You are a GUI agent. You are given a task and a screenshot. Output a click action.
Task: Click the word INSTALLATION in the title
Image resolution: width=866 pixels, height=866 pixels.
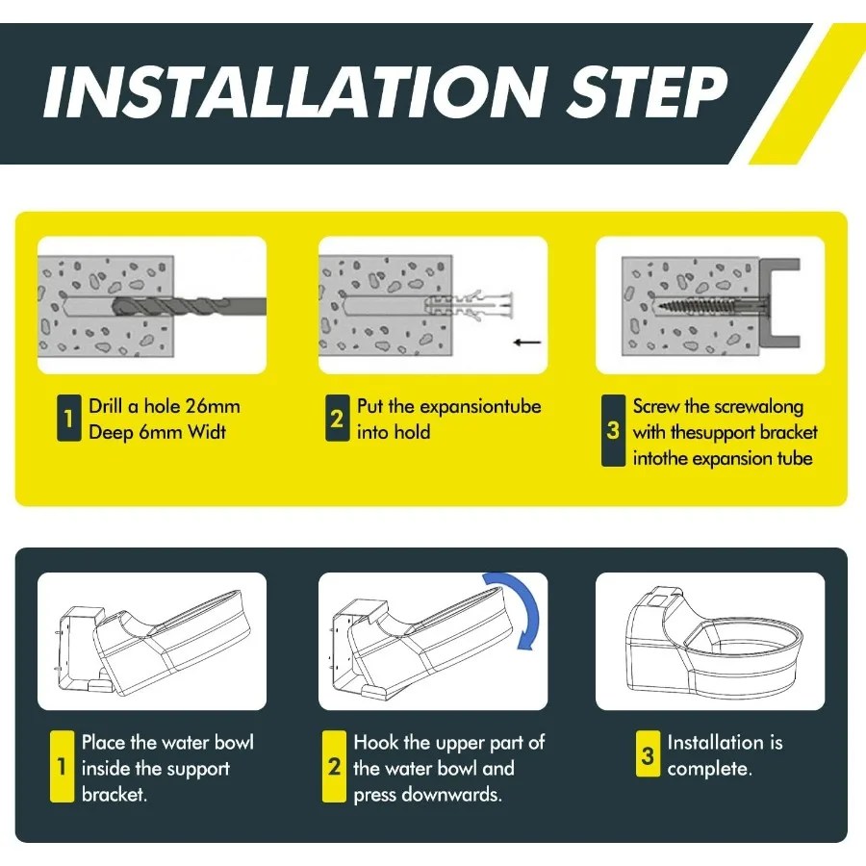pyautogui.click(x=295, y=92)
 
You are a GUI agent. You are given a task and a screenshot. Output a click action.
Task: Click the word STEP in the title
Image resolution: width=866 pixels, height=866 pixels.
pyautogui.click(x=647, y=92)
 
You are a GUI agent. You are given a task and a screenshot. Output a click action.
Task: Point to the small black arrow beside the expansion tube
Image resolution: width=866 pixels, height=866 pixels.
pyautogui.click(x=527, y=343)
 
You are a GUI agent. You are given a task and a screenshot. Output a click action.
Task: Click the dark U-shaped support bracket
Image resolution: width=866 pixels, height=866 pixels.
pyautogui.click(x=778, y=303)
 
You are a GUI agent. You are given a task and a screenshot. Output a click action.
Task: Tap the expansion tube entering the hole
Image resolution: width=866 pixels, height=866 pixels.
pyautogui.click(x=469, y=305)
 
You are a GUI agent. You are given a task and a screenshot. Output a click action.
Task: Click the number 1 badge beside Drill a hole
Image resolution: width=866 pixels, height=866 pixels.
pyautogui.click(x=69, y=419)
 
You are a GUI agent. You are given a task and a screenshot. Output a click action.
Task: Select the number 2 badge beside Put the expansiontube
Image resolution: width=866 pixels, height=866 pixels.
pyautogui.click(x=337, y=419)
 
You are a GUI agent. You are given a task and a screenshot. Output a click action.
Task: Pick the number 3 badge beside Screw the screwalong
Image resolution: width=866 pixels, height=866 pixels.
pyautogui.click(x=613, y=430)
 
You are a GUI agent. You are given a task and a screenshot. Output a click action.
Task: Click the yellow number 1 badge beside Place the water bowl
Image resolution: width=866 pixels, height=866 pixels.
pyautogui.click(x=62, y=766)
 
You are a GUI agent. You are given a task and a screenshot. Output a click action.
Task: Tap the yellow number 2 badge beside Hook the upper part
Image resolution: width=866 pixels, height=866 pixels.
pyautogui.click(x=334, y=766)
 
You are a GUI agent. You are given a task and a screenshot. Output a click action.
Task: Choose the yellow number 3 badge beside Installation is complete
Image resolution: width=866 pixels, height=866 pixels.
pyautogui.click(x=648, y=753)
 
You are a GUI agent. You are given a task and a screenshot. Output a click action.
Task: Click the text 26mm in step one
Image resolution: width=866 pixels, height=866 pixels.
pyautogui.click(x=213, y=406)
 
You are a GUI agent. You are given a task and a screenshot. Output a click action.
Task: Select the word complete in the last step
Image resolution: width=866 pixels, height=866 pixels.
pyautogui.click(x=709, y=769)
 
